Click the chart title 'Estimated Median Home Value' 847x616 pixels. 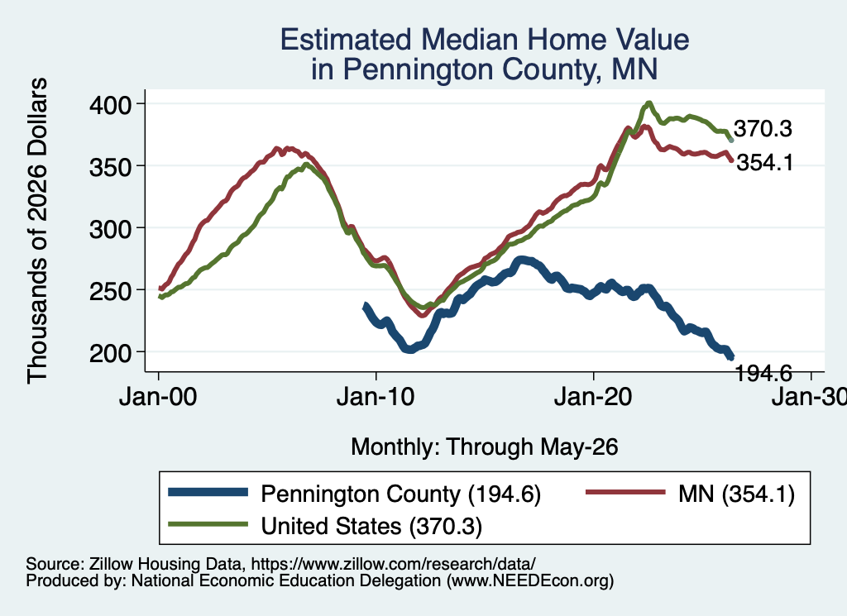485,40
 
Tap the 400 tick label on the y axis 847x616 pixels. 110,104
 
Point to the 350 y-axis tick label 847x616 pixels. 110,167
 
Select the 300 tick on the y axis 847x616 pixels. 110,229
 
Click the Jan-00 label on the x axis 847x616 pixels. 158,397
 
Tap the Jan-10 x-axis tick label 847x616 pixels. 376,397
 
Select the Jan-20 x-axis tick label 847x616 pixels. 593,397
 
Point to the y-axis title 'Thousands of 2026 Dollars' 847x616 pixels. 37,231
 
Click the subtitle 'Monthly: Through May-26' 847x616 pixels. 485,447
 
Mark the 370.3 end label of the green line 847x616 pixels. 763,128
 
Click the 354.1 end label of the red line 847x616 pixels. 765,162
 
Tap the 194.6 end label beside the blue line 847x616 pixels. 763,373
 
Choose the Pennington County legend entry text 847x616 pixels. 401,494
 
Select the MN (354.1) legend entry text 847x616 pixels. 737,494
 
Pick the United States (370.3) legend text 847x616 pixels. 371,526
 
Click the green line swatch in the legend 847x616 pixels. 208,524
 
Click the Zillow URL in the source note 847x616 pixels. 393,564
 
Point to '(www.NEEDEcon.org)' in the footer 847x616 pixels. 530,581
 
